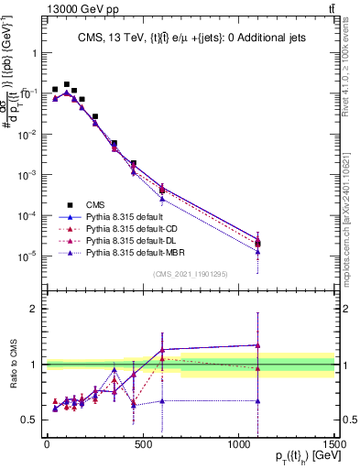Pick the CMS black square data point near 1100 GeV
(258, 243)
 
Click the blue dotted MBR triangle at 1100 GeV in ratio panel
(258, 401)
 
